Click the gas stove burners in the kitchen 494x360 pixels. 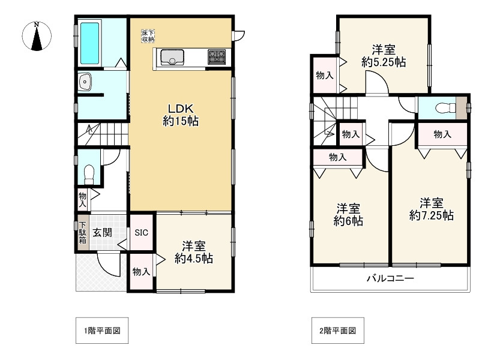point(217,56)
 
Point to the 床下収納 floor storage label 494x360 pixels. point(148,35)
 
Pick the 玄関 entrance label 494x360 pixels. point(101,232)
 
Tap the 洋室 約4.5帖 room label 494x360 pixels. point(194,252)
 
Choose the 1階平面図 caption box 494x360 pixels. point(103,331)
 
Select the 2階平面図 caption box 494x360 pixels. point(338,331)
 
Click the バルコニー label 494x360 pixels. point(390,279)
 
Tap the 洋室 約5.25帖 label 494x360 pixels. point(383,55)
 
